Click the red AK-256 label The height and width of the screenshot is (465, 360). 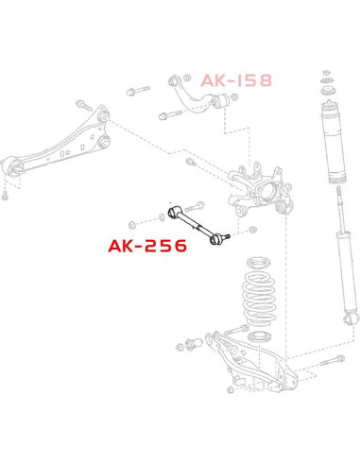[147, 246]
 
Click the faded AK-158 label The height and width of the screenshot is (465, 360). [236, 80]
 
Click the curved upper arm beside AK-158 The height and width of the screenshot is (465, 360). [197, 95]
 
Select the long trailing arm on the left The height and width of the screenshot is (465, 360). [57, 142]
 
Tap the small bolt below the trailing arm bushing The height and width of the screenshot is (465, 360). [5, 196]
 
